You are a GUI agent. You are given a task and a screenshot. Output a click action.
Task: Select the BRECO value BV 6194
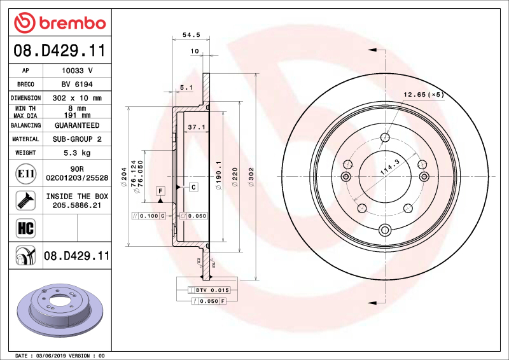pos(77,85)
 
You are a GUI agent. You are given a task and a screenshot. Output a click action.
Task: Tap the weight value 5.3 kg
pos(77,153)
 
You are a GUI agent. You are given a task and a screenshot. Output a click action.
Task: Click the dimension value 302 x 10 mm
pos(77,98)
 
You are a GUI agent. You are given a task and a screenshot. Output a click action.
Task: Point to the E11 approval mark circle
pos(25,174)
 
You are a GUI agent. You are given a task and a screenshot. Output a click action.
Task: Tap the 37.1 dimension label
pos(197,127)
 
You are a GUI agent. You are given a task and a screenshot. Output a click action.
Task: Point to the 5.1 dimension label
pos(186,87)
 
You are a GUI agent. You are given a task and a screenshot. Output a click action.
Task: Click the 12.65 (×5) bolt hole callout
pos(422,95)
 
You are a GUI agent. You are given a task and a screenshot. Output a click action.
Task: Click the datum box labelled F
pos(160,191)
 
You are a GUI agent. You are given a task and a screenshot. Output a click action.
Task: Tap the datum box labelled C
pos(192,187)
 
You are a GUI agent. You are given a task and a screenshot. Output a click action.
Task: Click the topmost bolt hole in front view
pos(385,137)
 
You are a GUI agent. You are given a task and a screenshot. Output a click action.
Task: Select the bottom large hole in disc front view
pos(384,230)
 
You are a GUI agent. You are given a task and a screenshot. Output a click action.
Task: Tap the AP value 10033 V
pos(77,71)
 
